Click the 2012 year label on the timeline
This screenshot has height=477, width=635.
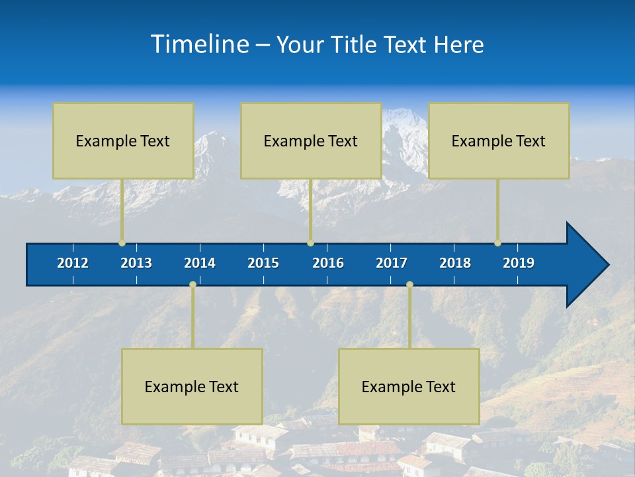[73, 263]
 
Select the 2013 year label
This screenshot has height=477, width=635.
[136, 263]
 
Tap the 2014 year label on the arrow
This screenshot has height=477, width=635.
[200, 263]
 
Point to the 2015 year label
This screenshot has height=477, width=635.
[263, 263]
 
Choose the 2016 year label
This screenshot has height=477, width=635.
[328, 263]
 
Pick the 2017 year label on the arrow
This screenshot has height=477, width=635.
[392, 263]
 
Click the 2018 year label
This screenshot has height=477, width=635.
[455, 263]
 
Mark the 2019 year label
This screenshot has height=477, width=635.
[519, 263]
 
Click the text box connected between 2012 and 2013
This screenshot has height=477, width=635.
[123, 140]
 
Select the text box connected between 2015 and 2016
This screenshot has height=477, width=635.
[311, 140]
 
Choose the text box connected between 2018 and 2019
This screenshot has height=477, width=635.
[499, 140]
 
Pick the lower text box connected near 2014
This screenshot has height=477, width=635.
[192, 386]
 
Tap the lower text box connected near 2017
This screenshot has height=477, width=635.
[409, 386]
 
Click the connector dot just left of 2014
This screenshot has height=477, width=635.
[192, 284]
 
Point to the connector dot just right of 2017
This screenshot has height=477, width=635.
[409, 284]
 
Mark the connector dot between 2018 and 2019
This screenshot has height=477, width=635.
[497, 243]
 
